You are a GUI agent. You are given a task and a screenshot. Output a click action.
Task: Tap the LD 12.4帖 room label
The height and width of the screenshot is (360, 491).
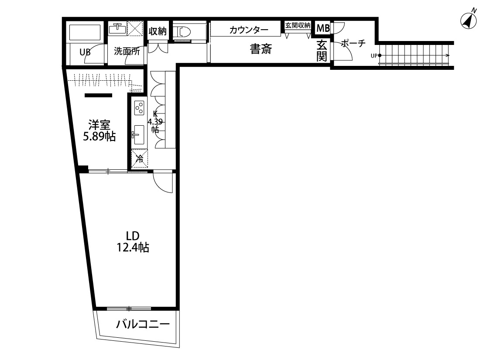[132, 242]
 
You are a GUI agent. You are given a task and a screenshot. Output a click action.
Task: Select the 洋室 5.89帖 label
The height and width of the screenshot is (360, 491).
[99, 130]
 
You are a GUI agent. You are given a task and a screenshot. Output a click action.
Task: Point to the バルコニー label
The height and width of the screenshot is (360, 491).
[142, 325]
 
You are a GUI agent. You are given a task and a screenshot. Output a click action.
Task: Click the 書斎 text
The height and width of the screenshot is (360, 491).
[261, 49]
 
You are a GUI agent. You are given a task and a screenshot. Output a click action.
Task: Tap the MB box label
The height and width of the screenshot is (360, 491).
[323, 28]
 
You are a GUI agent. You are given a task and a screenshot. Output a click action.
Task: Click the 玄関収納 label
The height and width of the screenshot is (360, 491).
[298, 25]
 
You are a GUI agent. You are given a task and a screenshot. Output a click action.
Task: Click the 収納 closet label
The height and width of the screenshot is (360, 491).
[158, 31]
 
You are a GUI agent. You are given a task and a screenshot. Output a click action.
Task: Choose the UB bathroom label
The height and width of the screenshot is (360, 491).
[85, 52]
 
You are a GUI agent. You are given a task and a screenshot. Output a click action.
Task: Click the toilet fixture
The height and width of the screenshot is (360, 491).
[183, 31]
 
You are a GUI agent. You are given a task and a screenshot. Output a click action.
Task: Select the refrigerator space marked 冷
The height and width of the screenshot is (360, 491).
[140, 158]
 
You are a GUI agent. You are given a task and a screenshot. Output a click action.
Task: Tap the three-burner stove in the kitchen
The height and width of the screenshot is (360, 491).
[140, 107]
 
